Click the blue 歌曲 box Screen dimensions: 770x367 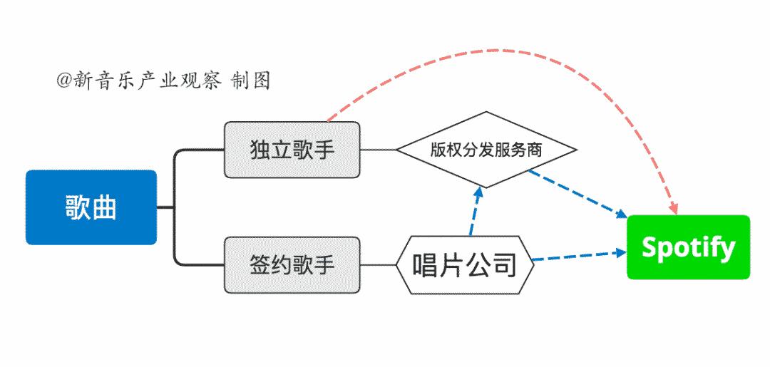91,207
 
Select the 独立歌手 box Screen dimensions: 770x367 292,150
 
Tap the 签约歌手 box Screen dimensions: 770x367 292,265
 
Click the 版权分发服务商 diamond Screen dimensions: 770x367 486,150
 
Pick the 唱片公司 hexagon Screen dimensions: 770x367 465,265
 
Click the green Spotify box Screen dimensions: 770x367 689,247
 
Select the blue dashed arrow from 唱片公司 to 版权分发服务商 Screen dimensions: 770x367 476,211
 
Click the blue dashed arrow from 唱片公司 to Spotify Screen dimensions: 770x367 580,256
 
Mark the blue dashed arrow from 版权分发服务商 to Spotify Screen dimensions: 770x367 577,193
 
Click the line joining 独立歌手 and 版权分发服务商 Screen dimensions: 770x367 378,150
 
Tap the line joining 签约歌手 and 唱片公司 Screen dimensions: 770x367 378,265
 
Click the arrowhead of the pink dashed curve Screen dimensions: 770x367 675,208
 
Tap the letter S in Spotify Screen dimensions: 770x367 650,247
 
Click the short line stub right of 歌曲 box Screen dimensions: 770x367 165,207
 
